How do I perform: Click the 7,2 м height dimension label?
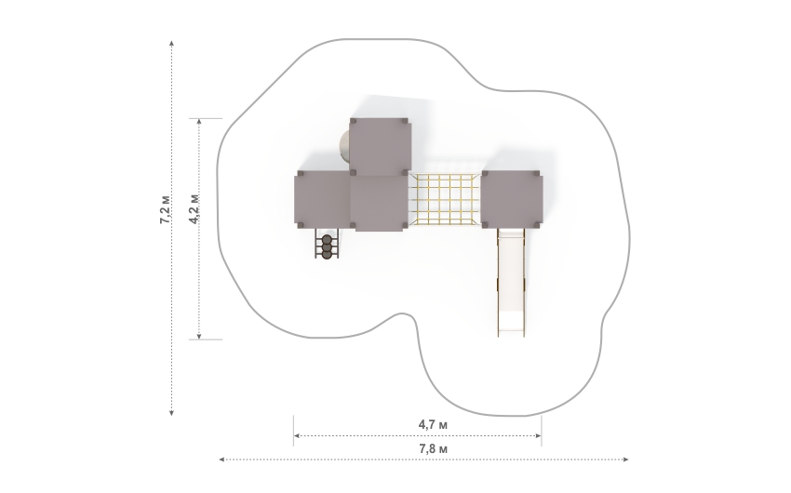[165, 208]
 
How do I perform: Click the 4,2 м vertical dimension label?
[194, 208]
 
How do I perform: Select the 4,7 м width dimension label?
[433, 424]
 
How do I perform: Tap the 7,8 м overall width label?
[434, 448]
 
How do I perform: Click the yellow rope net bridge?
[444, 199]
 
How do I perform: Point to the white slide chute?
[511, 282]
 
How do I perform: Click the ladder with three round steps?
[327, 244]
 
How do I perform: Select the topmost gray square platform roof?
[380, 147]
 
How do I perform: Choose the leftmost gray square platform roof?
[322, 199]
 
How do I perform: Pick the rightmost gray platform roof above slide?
[512, 199]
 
